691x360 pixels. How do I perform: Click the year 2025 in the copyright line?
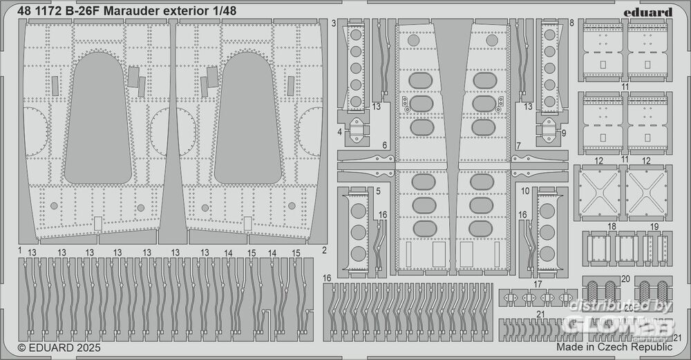tap(79, 349)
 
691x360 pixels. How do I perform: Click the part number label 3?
tap(334, 23)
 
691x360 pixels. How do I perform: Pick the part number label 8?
tap(572, 23)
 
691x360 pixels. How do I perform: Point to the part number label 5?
tap(379, 191)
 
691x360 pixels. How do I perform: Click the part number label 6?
tap(384, 146)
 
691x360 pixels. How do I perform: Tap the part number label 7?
tap(518, 146)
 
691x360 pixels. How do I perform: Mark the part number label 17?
tap(538, 285)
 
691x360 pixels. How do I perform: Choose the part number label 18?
tap(612, 227)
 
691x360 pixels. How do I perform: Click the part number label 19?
tap(654, 227)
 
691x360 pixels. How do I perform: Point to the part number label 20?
tap(625, 279)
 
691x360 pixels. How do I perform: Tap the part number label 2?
tap(325, 249)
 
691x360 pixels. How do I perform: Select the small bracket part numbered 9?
tap(548, 129)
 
